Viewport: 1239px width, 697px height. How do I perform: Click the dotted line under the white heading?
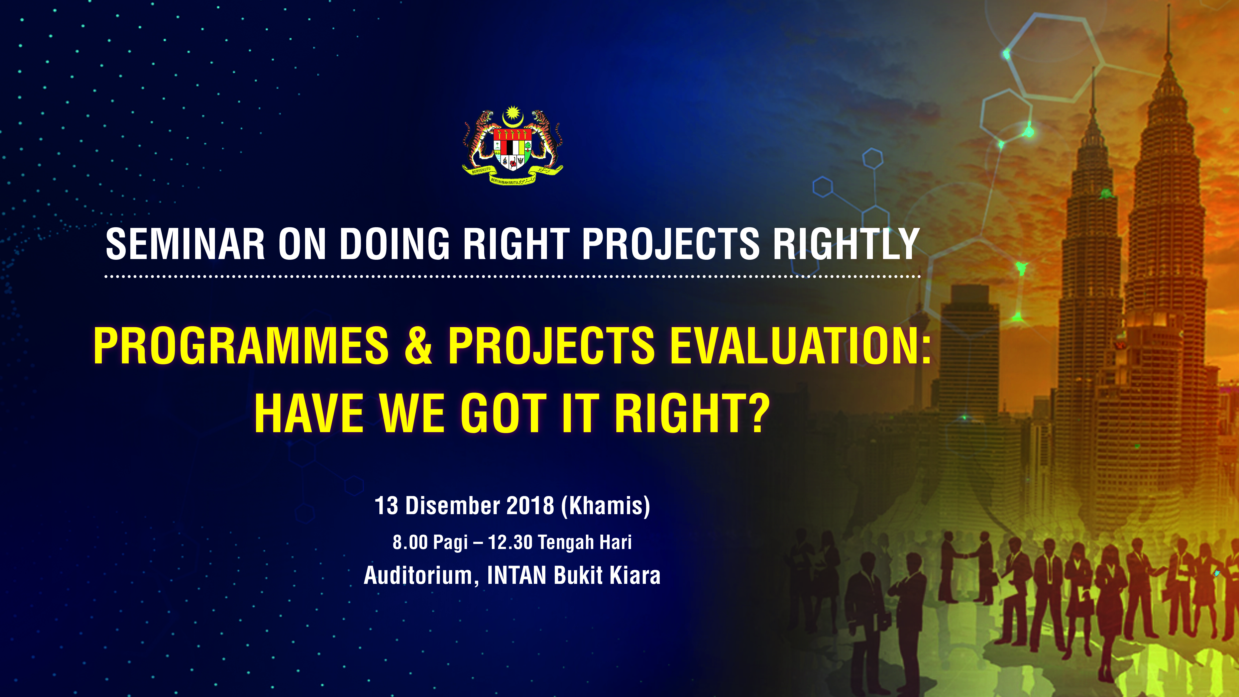(x=513, y=276)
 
